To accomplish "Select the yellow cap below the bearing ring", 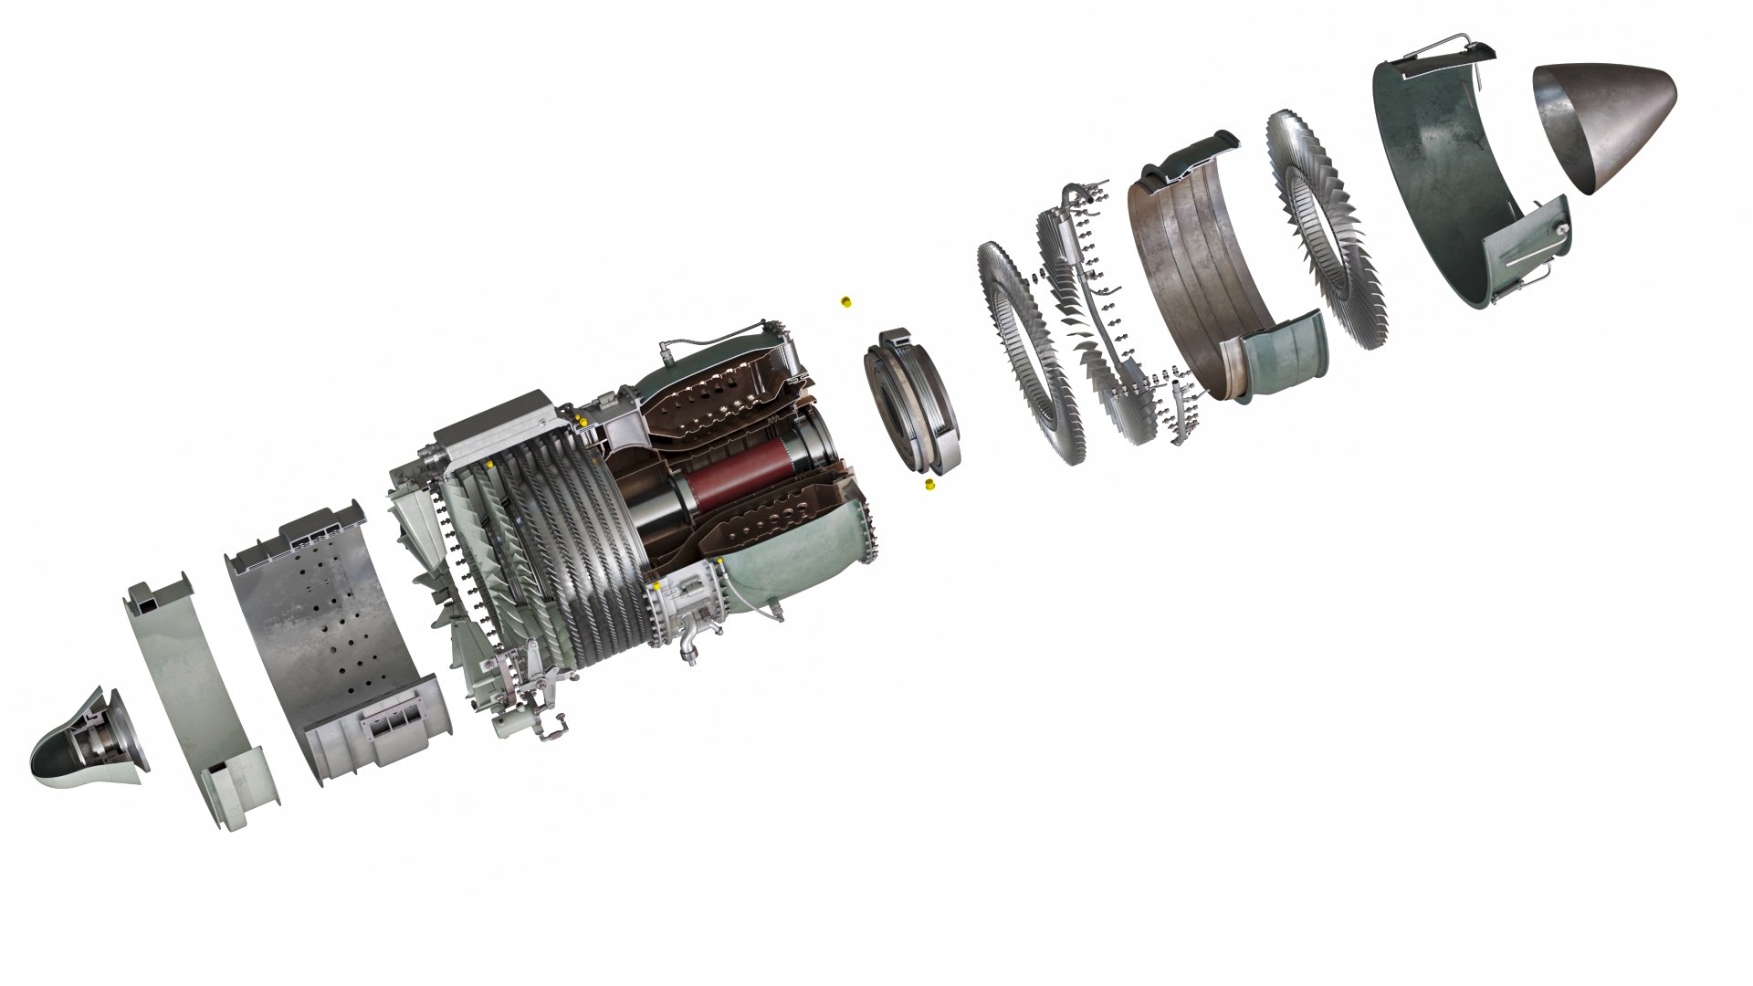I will click(929, 485).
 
